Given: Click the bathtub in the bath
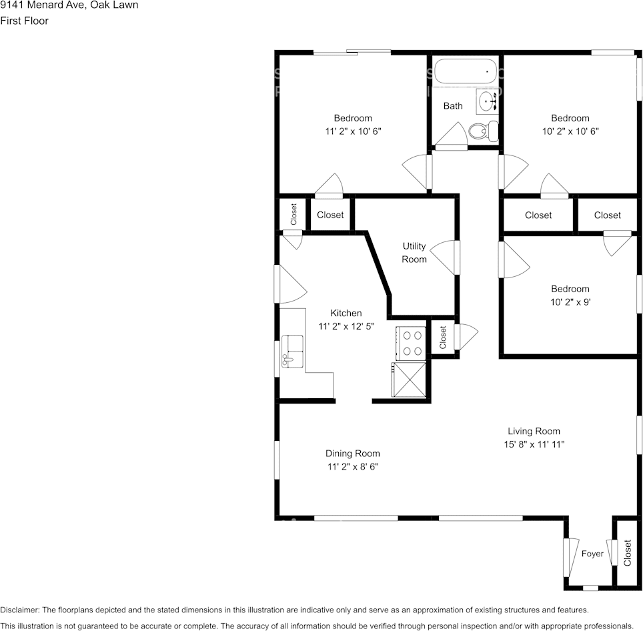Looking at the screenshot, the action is pos(466,72).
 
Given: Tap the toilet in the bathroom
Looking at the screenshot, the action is pos(484,131).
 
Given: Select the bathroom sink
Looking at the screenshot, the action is pos(488,101).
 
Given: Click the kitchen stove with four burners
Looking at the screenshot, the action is pos(411,343).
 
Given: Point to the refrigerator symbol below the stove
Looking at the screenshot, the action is pos(409,380).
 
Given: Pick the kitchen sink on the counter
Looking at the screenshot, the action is pos(292,351).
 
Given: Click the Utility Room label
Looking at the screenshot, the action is pos(414,253).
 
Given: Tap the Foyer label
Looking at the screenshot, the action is pos(592,554).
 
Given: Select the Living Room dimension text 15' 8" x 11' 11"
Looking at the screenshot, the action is pos(534,444).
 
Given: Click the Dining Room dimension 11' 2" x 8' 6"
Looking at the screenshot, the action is pos(353,467).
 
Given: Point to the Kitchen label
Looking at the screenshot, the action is pos(346,313).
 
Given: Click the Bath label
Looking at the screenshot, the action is pos(453,106).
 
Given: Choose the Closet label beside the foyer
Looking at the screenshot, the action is pos(628,553).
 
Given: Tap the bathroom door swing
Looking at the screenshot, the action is pos(452,135).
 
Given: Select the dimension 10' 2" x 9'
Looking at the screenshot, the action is pos(570,302).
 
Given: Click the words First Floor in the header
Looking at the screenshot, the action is pos(24,21).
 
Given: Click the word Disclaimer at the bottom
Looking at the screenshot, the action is pos(19,610).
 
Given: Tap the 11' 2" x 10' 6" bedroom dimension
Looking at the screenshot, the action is pos(353,131).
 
